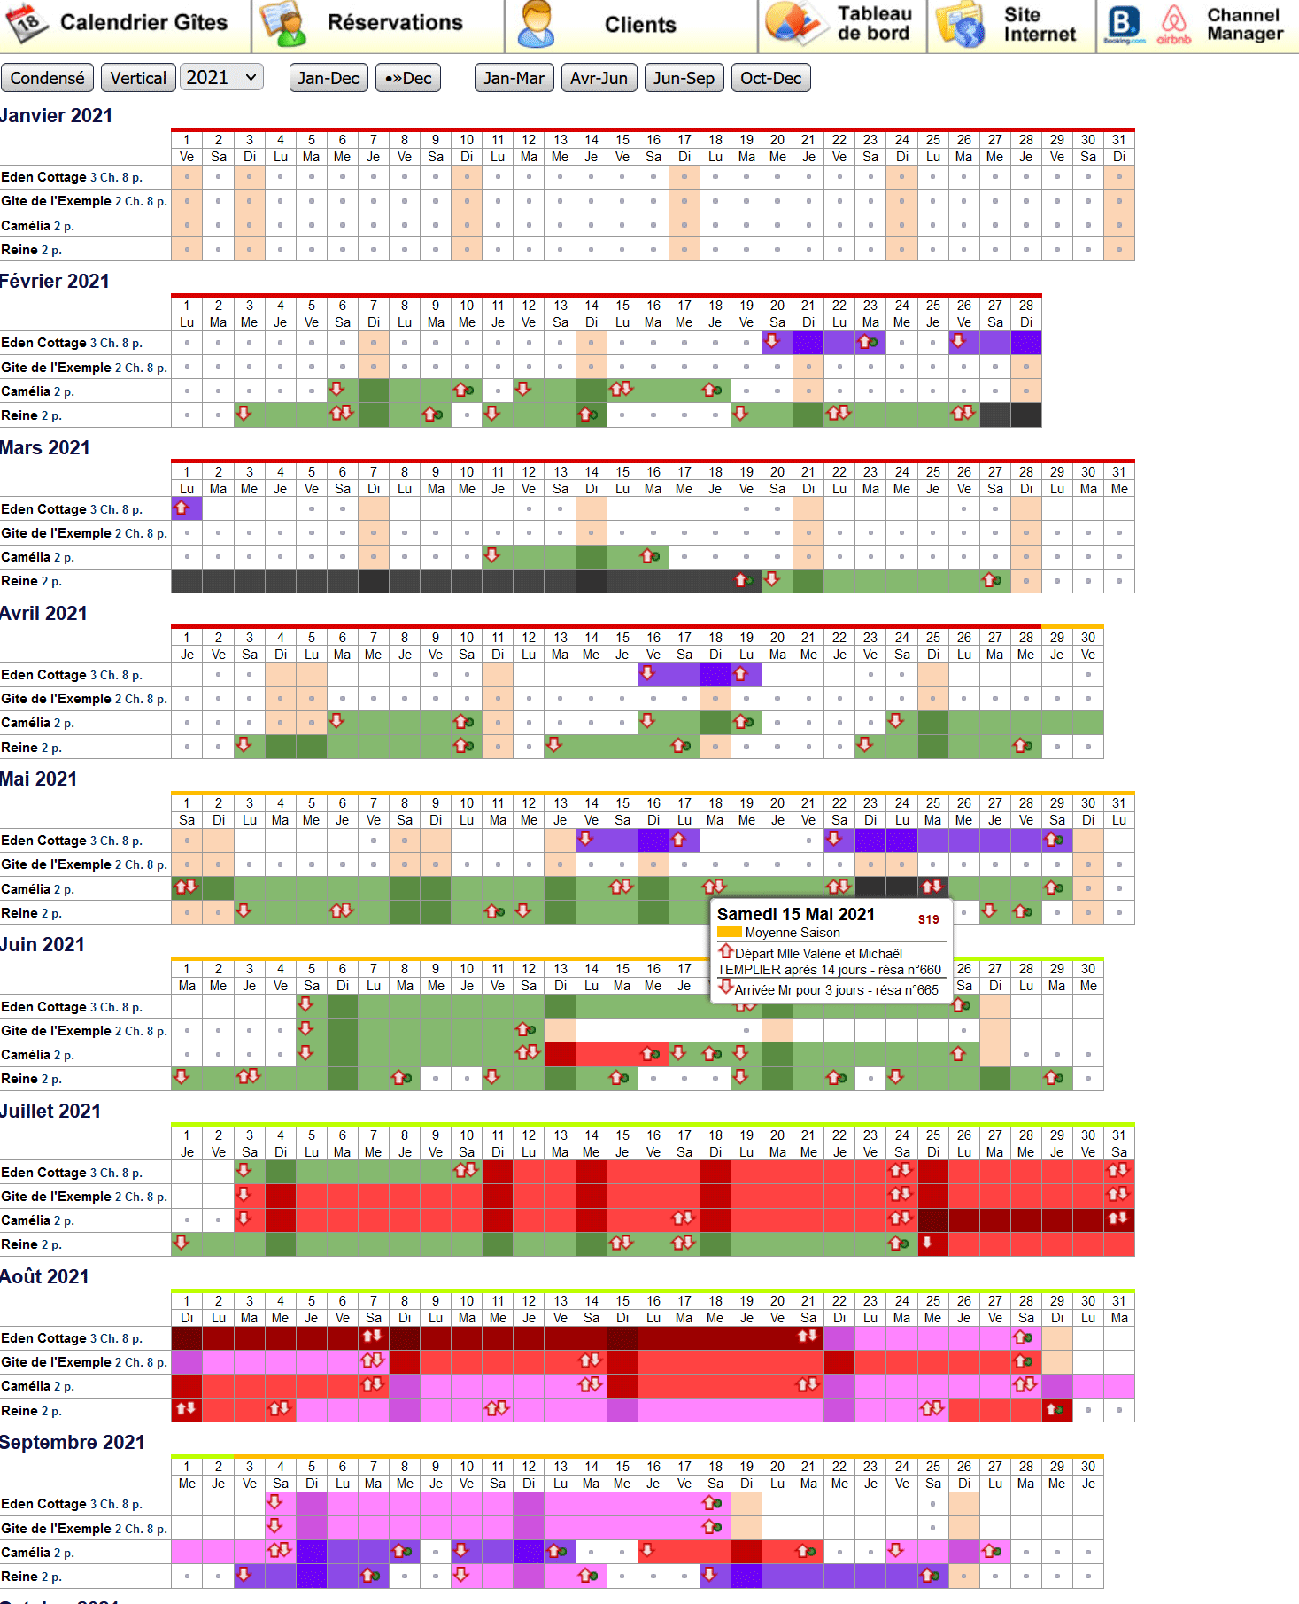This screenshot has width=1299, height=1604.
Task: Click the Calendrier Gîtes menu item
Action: pos(124,24)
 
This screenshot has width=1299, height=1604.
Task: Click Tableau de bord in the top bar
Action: pos(841,24)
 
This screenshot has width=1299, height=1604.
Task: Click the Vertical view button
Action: pos(138,78)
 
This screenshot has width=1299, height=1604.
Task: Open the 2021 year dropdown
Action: pos(221,78)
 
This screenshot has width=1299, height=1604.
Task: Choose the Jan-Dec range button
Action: pos(329,78)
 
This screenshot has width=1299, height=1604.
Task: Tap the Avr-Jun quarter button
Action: pos(599,78)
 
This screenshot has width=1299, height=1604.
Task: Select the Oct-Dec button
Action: pos(770,78)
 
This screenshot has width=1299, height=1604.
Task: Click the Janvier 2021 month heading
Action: pos(57,116)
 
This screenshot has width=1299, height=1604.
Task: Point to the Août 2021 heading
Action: pos(45,1276)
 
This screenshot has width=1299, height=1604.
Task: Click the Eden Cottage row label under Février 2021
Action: pos(71,343)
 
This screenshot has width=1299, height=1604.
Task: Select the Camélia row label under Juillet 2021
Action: pos(37,1220)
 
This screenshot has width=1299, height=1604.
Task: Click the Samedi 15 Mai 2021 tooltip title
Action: pos(795,914)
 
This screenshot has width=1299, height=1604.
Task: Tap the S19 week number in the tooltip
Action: pos(928,919)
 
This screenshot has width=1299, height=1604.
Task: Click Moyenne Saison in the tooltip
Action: pos(792,933)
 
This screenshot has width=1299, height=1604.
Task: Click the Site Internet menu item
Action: pos(1038,25)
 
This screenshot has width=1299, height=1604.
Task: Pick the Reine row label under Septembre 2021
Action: pos(31,1577)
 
